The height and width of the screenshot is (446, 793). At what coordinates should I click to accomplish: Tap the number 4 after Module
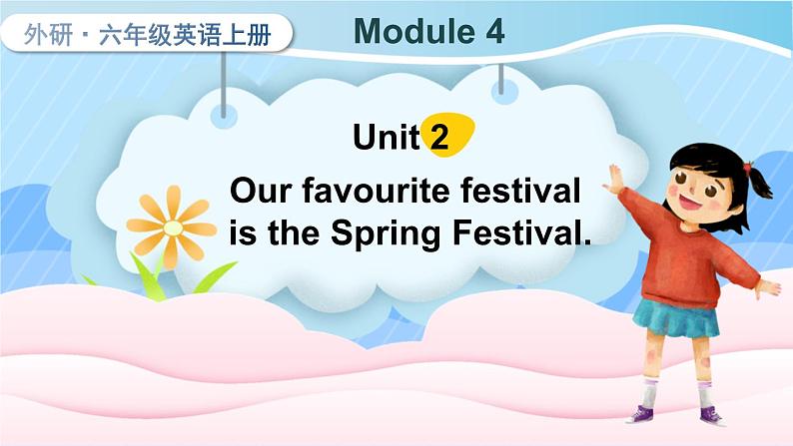tap(493, 32)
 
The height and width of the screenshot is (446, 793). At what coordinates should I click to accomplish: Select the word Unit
tap(386, 138)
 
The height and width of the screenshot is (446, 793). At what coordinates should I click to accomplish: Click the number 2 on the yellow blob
tap(439, 138)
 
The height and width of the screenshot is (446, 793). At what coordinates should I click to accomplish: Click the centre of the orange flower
tap(173, 227)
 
